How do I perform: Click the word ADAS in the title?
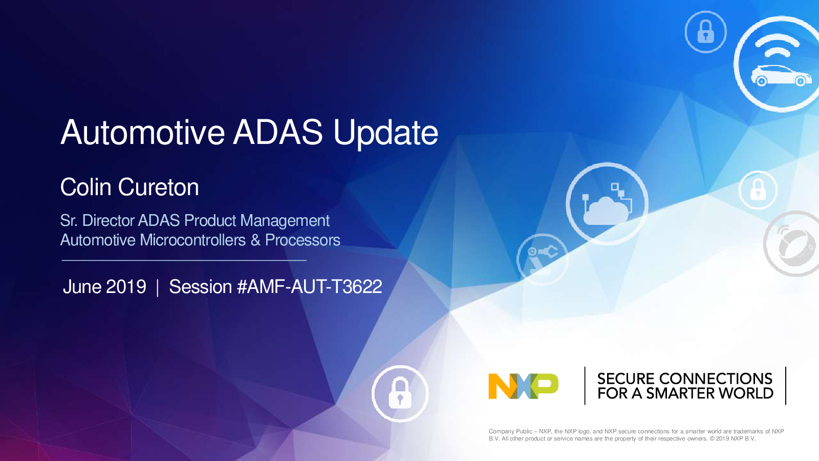278,132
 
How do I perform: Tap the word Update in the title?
386,134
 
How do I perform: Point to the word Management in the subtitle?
285,221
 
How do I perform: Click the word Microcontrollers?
192,240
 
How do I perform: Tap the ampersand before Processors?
255,240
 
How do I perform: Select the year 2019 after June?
126,286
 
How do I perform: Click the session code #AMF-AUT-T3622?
309,286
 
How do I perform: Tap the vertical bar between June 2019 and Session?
158,287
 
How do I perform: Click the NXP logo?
523,386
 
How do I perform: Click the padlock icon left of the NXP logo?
400,393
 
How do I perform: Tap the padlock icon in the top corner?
706,32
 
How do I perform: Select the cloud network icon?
607,204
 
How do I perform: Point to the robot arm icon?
543,259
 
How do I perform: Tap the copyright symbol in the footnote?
712,438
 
